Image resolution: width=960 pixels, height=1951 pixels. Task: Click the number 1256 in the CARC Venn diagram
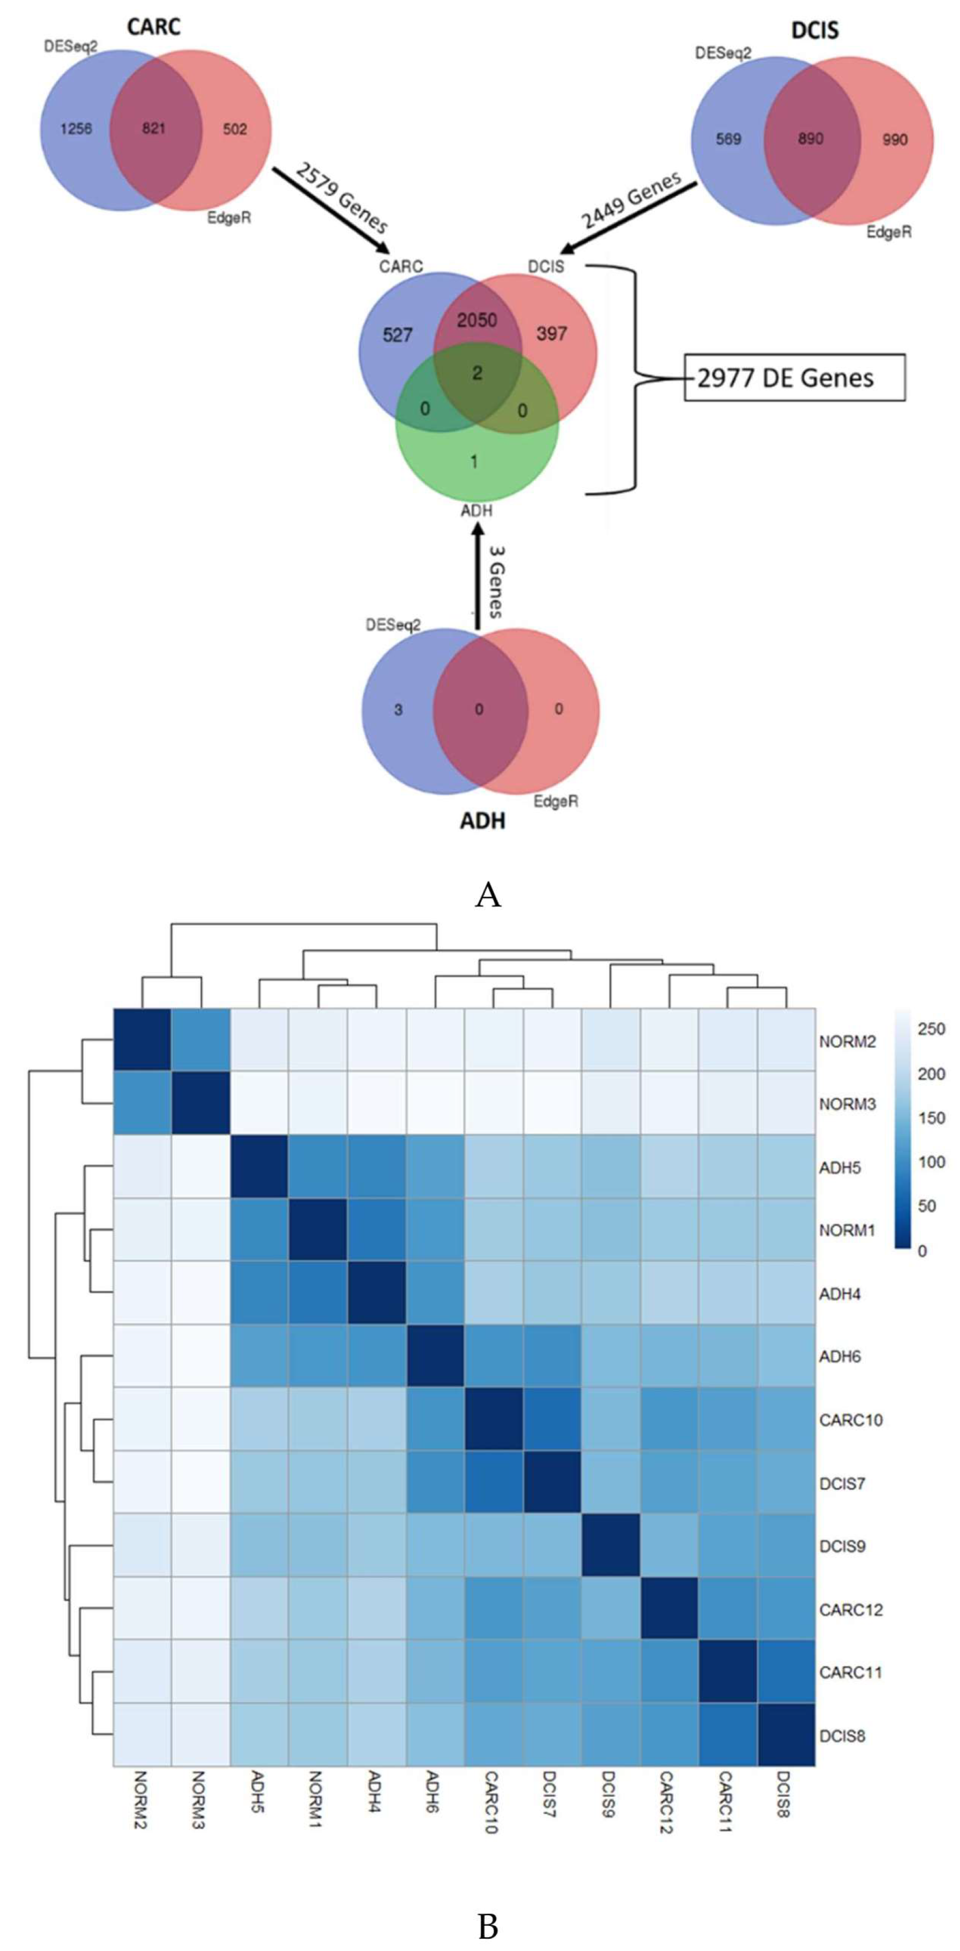click(x=76, y=129)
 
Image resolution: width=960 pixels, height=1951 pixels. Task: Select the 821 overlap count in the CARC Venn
click(x=153, y=129)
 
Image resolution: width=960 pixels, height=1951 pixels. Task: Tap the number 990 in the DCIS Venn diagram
click(x=894, y=139)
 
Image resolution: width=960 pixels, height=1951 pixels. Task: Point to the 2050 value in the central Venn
click(x=476, y=320)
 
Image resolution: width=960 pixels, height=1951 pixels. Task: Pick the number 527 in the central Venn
click(x=397, y=335)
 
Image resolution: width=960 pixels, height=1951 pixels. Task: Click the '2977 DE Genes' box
click(x=793, y=377)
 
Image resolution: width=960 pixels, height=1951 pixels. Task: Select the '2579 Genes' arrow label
click(x=342, y=198)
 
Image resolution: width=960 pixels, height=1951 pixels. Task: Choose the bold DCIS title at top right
click(x=815, y=30)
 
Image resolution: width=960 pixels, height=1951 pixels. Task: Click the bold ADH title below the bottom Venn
click(x=483, y=820)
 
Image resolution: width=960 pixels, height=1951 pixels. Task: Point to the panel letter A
click(x=488, y=895)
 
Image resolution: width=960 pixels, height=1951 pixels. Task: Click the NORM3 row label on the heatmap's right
click(x=847, y=1104)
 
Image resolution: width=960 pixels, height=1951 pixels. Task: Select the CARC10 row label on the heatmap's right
click(x=850, y=1420)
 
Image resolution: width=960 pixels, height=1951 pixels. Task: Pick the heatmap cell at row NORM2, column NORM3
click(x=200, y=1041)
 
